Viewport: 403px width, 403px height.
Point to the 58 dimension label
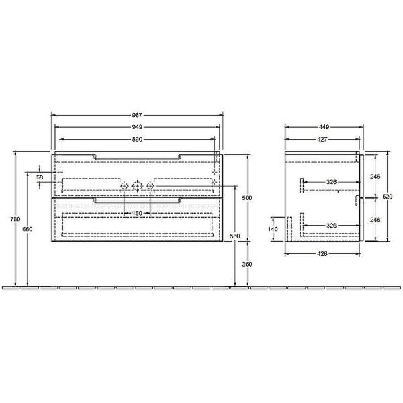pos(40,177)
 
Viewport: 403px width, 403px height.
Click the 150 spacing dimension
pos(136,213)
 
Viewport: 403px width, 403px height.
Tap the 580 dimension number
pos(234,236)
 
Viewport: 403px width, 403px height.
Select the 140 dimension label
pos(273,229)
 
